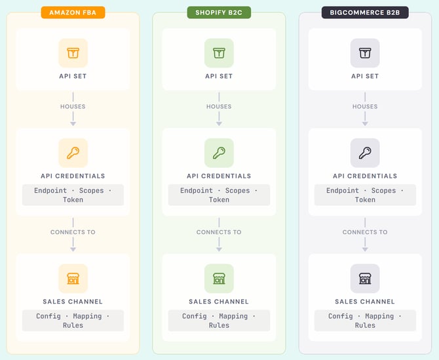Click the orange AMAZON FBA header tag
(x=73, y=12)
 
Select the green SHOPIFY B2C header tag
(x=219, y=12)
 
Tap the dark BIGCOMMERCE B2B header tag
(x=365, y=12)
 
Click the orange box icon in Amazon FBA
(x=73, y=53)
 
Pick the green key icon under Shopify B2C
(x=219, y=153)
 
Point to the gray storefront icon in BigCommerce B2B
(x=365, y=279)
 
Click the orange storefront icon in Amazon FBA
(x=73, y=279)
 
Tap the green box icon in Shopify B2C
(x=219, y=53)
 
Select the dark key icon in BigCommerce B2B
(x=365, y=153)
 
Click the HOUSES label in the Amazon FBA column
(x=73, y=106)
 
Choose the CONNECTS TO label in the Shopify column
(x=219, y=232)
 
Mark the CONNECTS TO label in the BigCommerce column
(x=365, y=232)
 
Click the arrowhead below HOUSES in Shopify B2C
(x=219, y=122)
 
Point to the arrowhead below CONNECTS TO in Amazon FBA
(x=73, y=248)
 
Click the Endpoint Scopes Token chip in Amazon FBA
(x=73, y=195)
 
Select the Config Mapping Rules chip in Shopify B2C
(x=219, y=321)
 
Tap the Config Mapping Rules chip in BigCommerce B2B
(x=365, y=321)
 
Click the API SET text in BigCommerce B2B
(x=365, y=76)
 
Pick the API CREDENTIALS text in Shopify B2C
(x=219, y=176)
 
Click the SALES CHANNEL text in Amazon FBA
(x=73, y=302)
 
